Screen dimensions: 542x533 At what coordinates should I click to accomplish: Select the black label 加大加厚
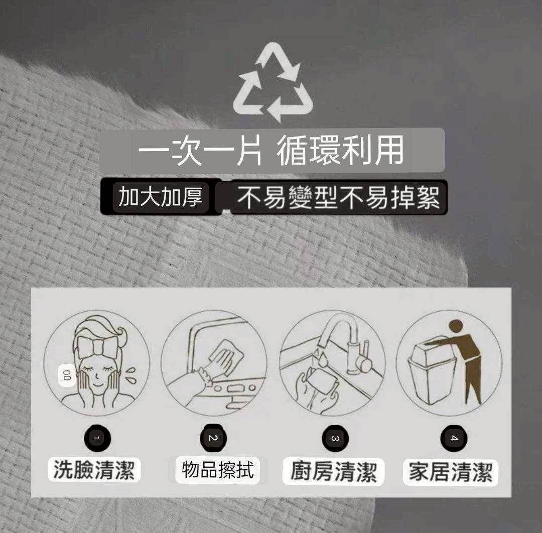161,196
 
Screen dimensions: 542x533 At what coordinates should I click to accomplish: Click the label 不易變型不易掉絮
339,197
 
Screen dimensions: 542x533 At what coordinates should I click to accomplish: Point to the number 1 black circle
97,438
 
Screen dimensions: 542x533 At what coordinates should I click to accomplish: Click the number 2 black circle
213,438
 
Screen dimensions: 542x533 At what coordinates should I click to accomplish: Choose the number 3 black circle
335,439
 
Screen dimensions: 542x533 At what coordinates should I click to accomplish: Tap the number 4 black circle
454,438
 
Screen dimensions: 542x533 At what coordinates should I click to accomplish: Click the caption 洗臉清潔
94,470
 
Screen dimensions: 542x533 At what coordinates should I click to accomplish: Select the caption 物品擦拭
217,470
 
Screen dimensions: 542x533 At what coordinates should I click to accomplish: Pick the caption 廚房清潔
333,472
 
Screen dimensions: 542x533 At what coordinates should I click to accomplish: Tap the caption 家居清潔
450,472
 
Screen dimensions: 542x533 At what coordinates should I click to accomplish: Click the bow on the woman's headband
98,346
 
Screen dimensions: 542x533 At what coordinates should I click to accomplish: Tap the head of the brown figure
456,327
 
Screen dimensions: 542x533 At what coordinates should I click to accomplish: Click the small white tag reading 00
67,375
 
